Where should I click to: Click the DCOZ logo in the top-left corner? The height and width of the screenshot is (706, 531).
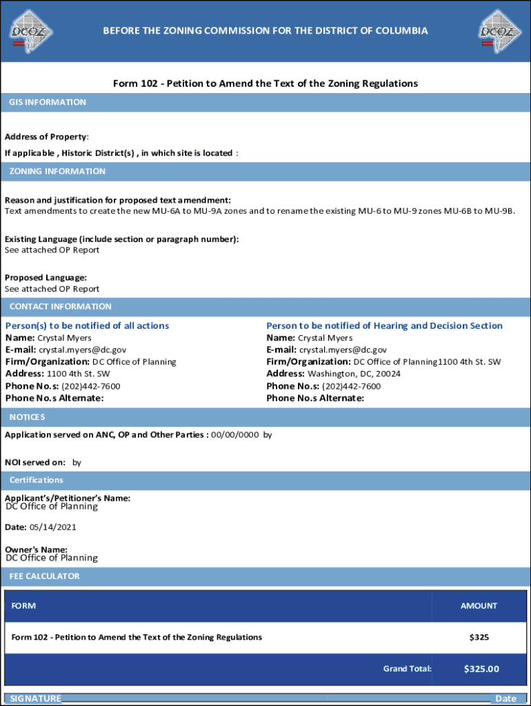(x=31, y=30)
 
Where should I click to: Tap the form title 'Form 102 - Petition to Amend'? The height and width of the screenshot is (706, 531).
(x=265, y=83)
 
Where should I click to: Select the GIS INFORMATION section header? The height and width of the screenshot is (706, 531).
(x=48, y=103)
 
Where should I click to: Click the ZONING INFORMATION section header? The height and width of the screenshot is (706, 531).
(x=57, y=171)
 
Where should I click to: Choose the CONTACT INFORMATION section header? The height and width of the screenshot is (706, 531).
(x=60, y=307)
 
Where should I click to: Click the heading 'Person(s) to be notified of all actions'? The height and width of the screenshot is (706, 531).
(x=87, y=325)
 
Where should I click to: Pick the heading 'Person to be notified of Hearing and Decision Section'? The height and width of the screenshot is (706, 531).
(x=384, y=325)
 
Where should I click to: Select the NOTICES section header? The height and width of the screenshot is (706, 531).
(x=28, y=417)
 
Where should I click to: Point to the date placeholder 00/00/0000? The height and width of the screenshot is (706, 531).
(x=235, y=435)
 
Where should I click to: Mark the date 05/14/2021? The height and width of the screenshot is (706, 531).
(x=52, y=527)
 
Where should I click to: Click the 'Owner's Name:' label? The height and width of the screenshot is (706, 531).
(x=36, y=549)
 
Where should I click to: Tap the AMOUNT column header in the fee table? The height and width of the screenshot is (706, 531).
(x=479, y=606)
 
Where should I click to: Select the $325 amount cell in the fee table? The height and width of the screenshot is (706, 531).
(x=479, y=638)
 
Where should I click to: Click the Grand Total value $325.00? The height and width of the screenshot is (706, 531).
(x=481, y=669)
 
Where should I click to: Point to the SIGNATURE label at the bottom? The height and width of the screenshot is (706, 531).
(x=35, y=698)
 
